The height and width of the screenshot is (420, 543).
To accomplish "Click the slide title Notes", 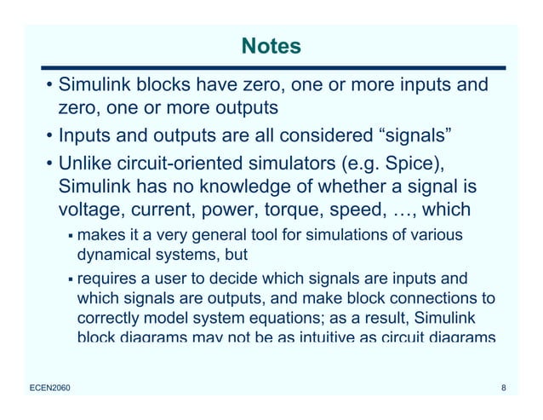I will coord(271,46).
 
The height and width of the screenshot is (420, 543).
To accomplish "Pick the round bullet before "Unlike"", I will coord(49,163).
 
